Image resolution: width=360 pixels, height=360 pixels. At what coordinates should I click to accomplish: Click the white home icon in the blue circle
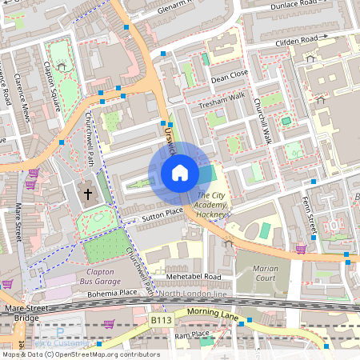pyautogui.click(x=180, y=172)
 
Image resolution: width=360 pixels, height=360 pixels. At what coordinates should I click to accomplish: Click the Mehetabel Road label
pyautogui.click(x=194, y=276)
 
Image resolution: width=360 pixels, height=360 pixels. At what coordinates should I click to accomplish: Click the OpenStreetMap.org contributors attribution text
pyautogui.click(x=104, y=354)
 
